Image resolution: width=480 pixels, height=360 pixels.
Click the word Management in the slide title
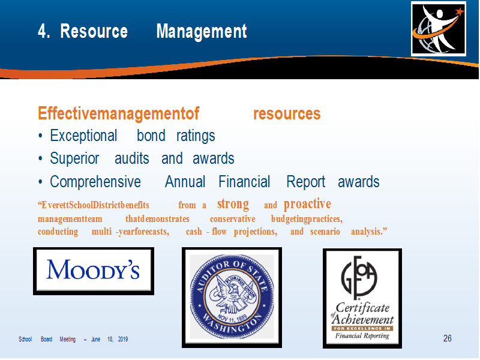click(x=202, y=31)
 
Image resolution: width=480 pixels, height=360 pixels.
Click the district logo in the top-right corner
click(x=439, y=29)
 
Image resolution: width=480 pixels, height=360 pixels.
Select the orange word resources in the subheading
click(x=287, y=113)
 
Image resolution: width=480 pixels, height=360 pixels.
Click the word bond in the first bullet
click(x=151, y=136)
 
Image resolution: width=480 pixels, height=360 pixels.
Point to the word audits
click(x=131, y=158)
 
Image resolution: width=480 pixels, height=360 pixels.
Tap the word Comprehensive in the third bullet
click(x=95, y=182)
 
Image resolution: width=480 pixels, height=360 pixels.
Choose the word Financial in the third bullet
click(x=244, y=182)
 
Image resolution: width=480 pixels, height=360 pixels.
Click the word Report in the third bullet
click(x=305, y=182)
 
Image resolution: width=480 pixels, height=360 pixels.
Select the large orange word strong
click(x=233, y=204)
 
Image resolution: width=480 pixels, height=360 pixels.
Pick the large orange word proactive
click(x=307, y=204)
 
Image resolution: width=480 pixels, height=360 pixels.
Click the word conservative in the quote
click(x=232, y=219)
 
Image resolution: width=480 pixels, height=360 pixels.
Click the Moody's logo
click(x=94, y=271)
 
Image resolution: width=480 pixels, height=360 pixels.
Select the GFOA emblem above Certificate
click(x=359, y=278)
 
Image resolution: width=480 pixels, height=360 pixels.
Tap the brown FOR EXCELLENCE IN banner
click(x=362, y=328)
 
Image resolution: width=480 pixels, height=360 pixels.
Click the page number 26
click(x=447, y=338)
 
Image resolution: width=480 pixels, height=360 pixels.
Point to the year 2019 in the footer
click(x=123, y=339)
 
